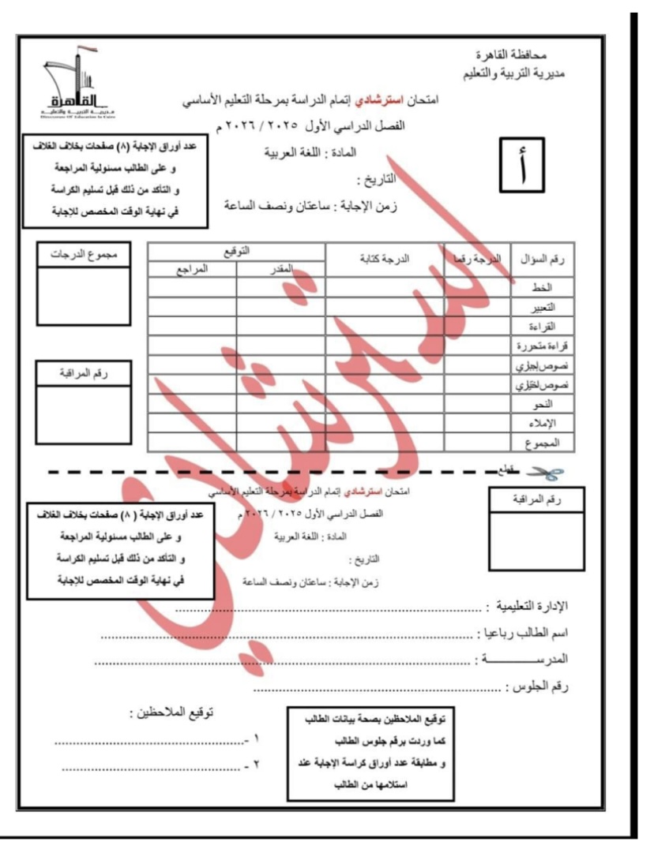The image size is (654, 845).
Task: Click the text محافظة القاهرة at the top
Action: coord(503,58)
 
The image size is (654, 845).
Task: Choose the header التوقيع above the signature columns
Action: coord(236,250)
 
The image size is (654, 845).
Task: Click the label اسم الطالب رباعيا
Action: coord(529,634)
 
